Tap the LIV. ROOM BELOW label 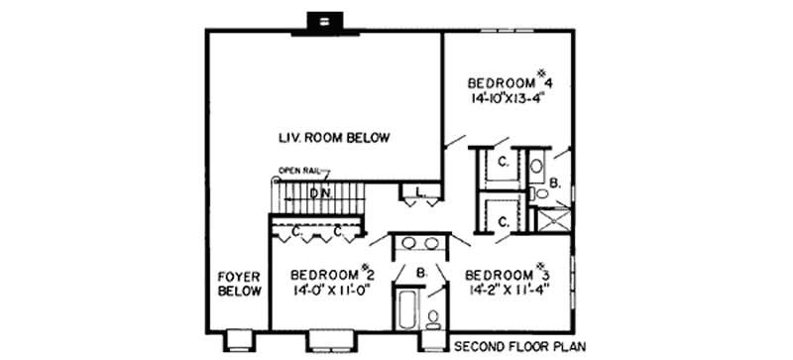coord(333,138)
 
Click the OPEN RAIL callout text coord(300,170)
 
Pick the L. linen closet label coord(419,191)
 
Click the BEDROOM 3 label coord(507,274)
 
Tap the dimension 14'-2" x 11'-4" coord(507,292)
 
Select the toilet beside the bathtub coord(433,317)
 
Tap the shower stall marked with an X coord(552,218)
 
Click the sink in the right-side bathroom coord(536,166)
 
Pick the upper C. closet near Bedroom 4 coord(503,162)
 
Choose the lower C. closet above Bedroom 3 coord(503,222)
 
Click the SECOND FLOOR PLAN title coord(518,347)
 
